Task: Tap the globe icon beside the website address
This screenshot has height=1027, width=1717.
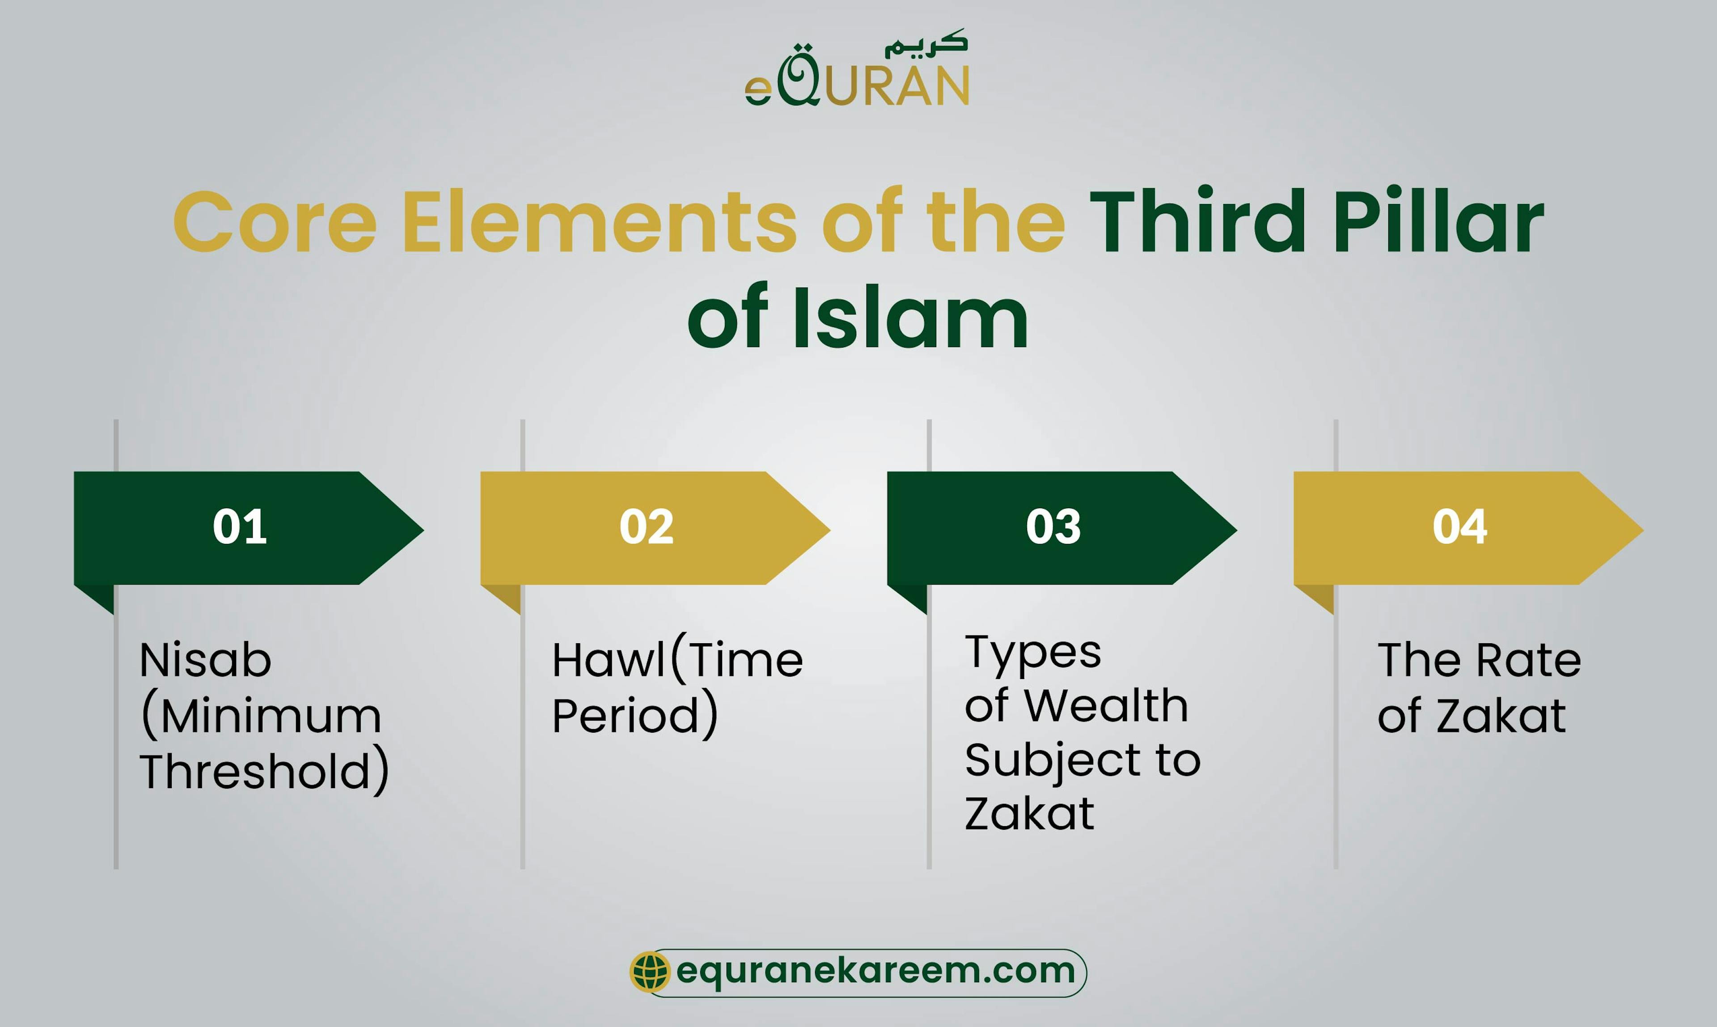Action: coord(650,971)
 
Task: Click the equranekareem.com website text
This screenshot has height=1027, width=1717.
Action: coord(875,971)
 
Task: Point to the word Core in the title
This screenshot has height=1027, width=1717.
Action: coord(275,222)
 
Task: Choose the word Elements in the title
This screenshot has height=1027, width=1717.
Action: coord(599,222)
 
